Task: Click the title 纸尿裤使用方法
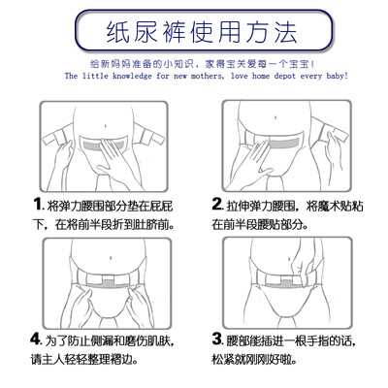coord(202,32)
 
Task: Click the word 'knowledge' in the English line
coord(132,77)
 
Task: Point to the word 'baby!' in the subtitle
coord(338,77)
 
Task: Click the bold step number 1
coord(38,205)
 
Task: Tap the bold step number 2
coord(217,205)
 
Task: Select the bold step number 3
coord(217,339)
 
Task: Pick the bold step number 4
coord(36,339)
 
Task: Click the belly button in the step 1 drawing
coord(104,126)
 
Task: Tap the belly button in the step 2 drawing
coord(275,117)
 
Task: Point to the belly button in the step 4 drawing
coord(111,258)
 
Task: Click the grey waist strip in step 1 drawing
coord(103,145)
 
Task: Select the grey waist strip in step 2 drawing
coord(284,143)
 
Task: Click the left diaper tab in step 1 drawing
coord(57,138)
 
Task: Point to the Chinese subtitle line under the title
coord(202,64)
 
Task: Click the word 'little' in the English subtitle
coord(95,77)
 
